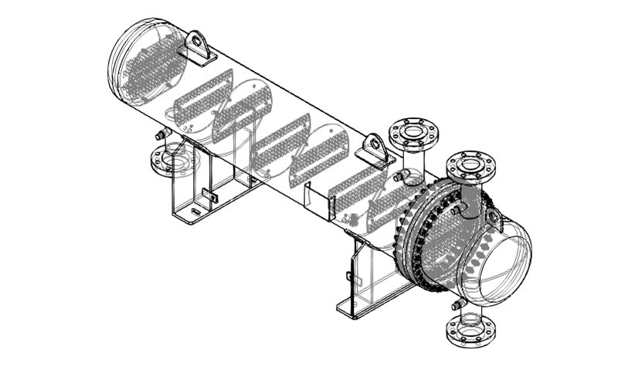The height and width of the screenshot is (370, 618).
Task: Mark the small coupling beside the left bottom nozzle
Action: (162, 134)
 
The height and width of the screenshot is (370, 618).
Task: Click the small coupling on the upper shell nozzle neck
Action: (399, 176)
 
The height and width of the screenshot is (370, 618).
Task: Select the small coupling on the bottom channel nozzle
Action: (458, 304)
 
